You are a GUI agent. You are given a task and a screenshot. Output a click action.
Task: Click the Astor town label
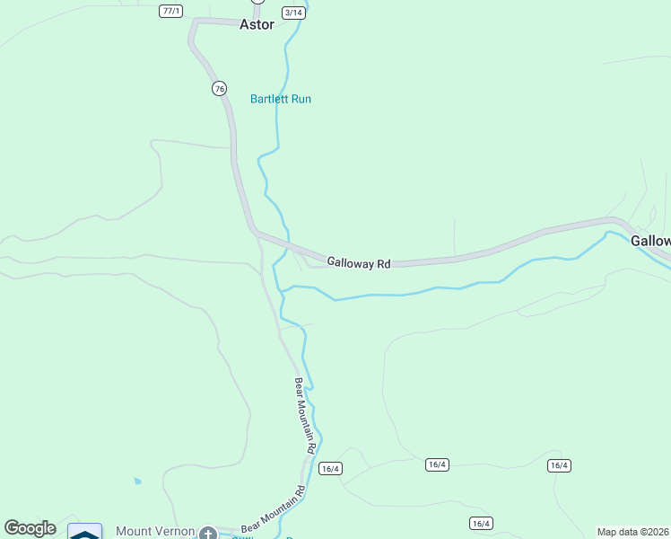click(257, 25)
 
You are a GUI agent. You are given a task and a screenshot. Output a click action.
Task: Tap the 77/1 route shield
click(170, 11)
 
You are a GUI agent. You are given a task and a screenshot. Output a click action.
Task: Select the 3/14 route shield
click(293, 13)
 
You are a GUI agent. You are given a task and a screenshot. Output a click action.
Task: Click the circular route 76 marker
click(219, 88)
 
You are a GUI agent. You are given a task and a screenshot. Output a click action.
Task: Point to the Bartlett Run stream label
click(281, 99)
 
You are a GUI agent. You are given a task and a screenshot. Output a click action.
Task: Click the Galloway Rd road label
click(359, 263)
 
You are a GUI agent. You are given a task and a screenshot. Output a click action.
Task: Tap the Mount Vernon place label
click(155, 531)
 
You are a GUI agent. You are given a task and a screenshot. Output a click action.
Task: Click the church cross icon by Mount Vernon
click(208, 533)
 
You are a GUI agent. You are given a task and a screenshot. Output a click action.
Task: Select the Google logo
click(30, 528)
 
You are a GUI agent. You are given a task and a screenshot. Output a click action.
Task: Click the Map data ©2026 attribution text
click(632, 532)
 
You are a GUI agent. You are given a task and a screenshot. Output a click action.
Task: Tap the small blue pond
click(136, 482)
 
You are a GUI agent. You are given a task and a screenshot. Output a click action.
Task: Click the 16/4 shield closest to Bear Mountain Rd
click(330, 468)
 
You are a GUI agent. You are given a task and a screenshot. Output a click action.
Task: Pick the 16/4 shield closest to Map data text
click(559, 465)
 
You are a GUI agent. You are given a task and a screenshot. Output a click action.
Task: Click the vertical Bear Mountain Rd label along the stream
click(306, 415)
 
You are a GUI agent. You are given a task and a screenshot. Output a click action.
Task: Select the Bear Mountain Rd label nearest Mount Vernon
click(274, 508)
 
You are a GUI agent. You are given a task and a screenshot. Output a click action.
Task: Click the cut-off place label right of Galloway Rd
click(650, 241)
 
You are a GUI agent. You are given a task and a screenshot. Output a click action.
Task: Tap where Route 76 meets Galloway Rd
click(256, 233)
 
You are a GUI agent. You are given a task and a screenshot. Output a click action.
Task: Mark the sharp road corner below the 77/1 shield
click(192, 22)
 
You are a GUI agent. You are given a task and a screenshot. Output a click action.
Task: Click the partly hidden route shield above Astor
click(258, 2)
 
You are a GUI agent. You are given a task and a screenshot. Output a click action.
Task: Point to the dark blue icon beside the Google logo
click(85, 533)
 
